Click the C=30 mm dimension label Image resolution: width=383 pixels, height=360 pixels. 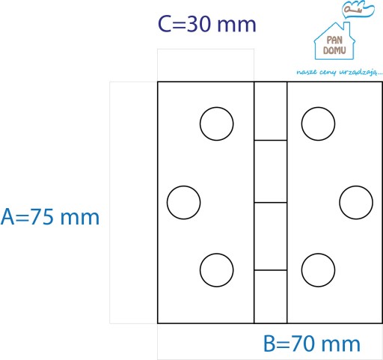coord(207,24)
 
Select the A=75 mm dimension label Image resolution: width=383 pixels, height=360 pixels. coord(50,217)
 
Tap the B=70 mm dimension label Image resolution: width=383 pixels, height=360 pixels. coord(312,344)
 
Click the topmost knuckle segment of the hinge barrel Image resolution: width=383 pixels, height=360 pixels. coord(271,111)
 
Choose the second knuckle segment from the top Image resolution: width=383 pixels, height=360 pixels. coord(271,171)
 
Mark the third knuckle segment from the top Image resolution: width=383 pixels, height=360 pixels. coord(271,237)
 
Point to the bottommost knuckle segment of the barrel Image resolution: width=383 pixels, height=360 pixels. coord(271,296)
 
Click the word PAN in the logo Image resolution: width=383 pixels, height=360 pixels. coord(334,40)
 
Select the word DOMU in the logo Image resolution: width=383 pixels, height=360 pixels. coord(334,50)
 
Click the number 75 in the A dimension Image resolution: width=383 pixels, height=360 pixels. coord(42,217)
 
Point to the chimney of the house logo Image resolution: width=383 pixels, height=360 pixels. coord(346,28)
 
